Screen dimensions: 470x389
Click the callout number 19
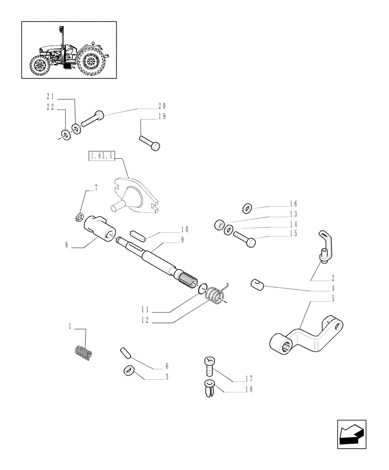(162, 117)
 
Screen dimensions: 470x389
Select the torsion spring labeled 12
(216, 296)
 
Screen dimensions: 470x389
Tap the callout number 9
(181, 240)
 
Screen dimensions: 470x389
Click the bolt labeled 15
(244, 238)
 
